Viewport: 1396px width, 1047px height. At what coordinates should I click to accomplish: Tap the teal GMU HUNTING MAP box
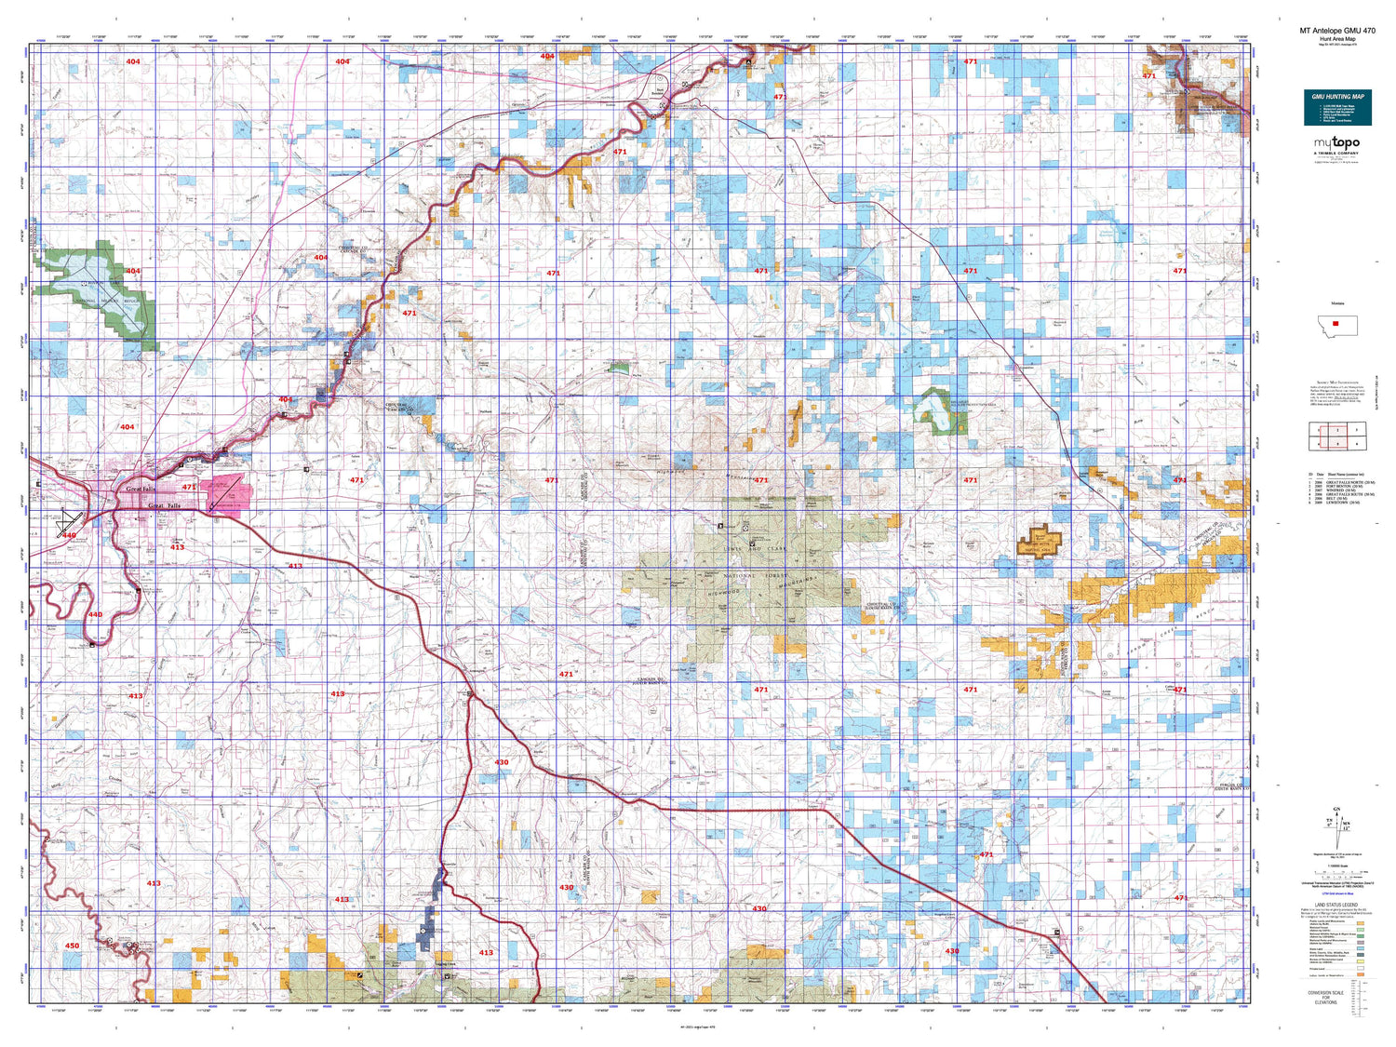pos(1337,108)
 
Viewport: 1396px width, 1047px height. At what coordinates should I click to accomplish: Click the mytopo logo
pos(1336,143)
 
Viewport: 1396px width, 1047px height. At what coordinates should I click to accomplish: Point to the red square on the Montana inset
pos(1336,325)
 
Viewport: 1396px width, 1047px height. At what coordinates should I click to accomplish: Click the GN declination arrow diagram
pos(1338,824)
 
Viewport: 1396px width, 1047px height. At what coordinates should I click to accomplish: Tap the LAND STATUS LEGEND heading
pos(1336,905)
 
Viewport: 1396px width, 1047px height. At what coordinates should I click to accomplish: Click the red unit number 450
pos(73,946)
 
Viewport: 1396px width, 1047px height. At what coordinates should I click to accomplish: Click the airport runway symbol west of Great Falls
pos(70,521)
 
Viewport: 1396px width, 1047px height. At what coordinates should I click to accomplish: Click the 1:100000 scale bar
pos(1337,873)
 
